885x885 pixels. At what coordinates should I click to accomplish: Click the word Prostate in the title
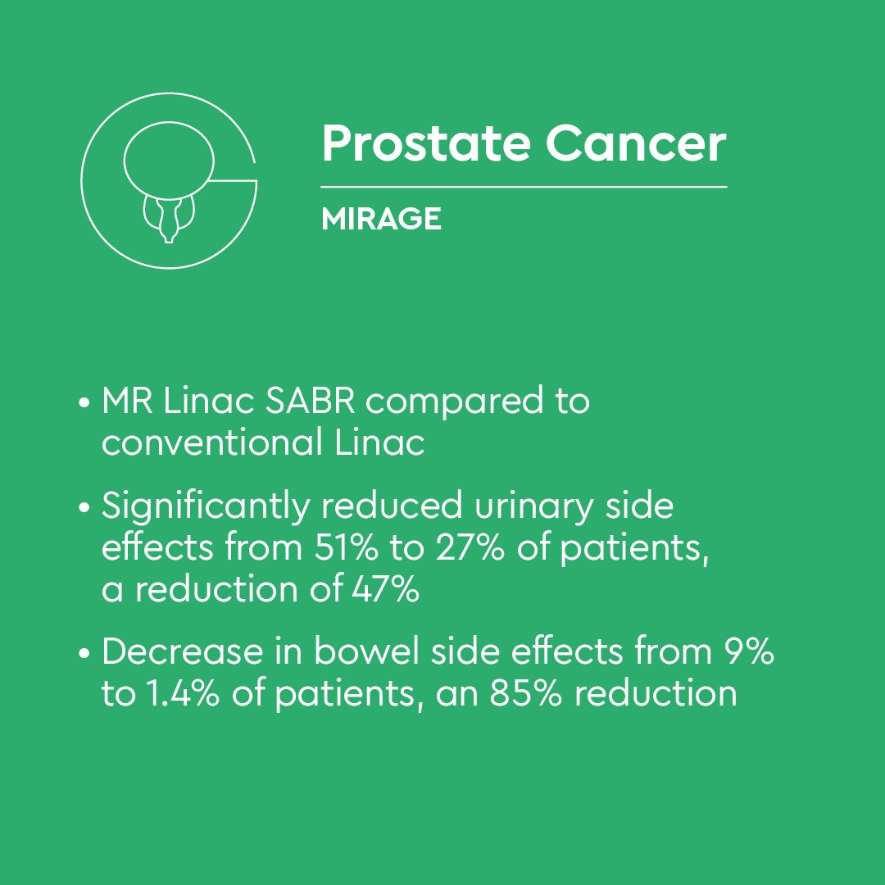[x=425, y=144]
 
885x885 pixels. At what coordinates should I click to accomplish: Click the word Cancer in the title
[x=636, y=144]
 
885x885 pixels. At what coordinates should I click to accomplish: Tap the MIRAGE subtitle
[x=381, y=219]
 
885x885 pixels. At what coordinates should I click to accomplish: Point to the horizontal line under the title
[x=524, y=186]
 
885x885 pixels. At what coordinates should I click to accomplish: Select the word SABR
[x=310, y=401]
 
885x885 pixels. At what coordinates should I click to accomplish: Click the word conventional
[x=212, y=442]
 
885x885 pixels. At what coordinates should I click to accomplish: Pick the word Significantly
[x=206, y=506]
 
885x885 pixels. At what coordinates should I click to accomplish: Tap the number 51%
[x=346, y=547]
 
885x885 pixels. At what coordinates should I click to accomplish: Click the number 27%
[x=470, y=547]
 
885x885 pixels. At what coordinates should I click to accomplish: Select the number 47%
[x=385, y=588]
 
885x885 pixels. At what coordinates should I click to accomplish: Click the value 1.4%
[x=182, y=693]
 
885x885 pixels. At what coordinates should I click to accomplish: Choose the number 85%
[x=526, y=693]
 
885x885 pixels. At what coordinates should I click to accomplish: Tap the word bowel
[x=367, y=651]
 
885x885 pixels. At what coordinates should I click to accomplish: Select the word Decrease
[x=182, y=651]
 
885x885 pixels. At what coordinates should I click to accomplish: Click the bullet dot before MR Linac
[x=84, y=403]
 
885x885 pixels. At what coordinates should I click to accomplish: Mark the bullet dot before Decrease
[x=84, y=654]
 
